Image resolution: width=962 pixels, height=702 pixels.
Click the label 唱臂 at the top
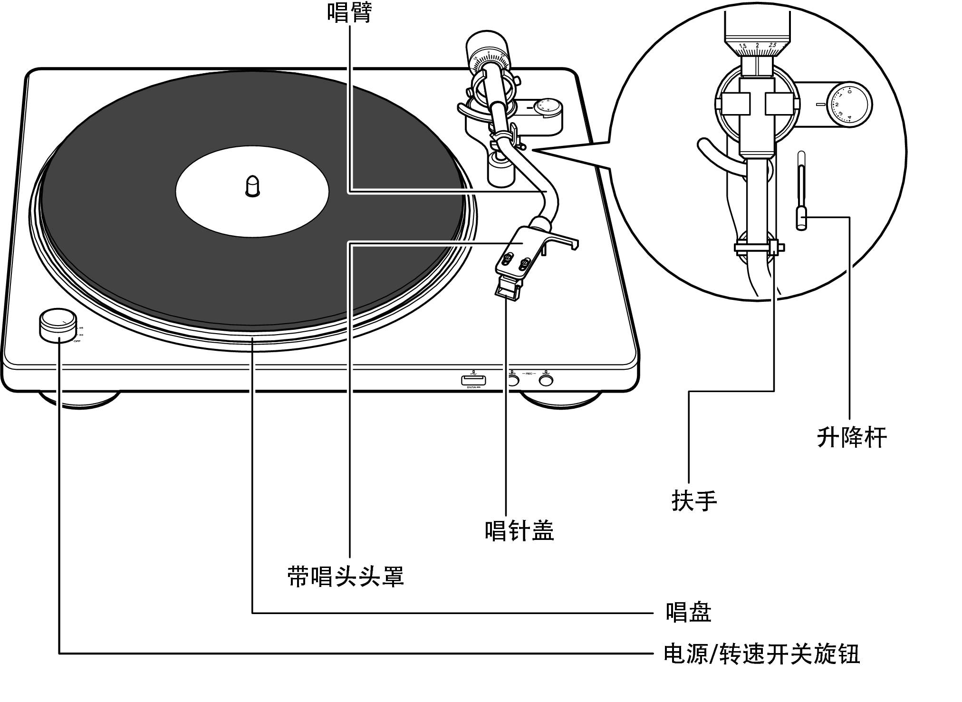tap(349, 12)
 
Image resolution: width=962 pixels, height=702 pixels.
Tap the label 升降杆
tap(851, 437)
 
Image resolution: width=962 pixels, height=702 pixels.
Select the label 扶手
tap(694, 500)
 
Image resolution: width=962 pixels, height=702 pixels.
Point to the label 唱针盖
tap(519, 530)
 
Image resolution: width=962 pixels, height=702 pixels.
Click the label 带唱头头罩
tap(346, 577)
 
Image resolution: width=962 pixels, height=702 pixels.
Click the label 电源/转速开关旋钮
tap(761, 654)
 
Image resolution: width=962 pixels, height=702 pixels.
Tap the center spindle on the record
tap(252, 185)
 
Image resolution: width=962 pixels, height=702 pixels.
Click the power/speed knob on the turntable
tap(58, 324)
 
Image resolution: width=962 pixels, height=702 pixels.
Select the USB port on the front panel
tap(473, 380)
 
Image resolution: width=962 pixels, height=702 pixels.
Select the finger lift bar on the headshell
tap(566, 240)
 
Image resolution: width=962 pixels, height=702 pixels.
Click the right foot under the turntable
tap(561, 400)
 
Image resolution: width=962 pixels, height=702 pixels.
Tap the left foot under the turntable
tap(78, 400)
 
